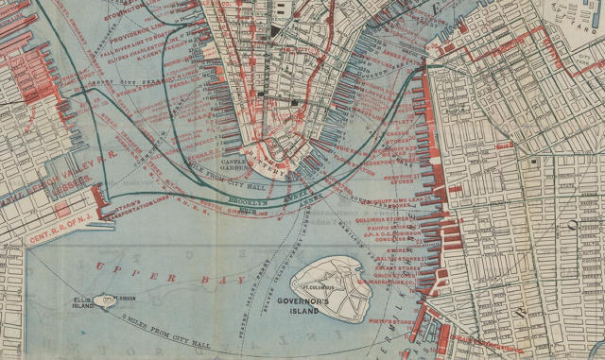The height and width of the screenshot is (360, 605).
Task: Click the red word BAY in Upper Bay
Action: [230, 281]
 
